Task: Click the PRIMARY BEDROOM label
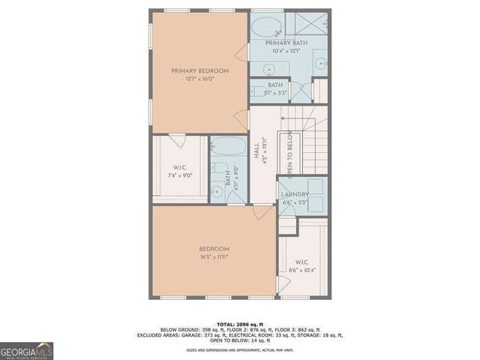point(199,71)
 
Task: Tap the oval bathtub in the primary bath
point(265,28)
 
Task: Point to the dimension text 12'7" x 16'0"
point(199,79)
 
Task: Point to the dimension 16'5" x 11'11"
point(214,257)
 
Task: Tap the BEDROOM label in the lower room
point(214,249)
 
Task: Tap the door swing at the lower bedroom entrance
point(262,213)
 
